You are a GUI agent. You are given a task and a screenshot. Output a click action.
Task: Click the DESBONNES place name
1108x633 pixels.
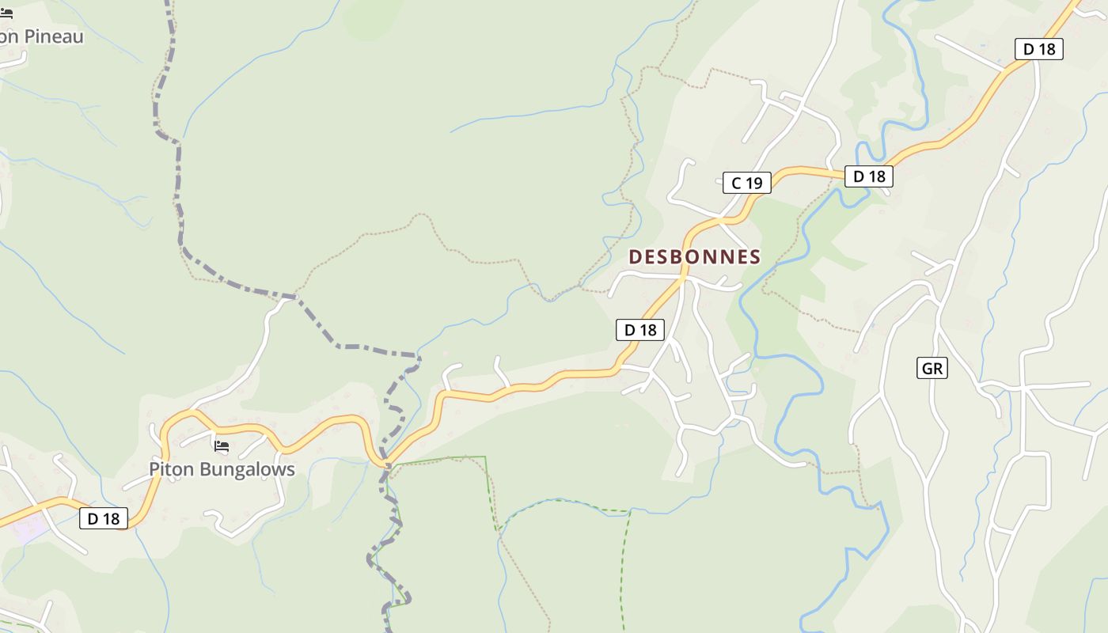pos(694,256)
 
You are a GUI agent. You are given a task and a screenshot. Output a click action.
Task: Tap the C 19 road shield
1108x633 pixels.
pos(746,183)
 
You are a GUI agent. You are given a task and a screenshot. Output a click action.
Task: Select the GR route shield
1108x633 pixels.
pos(932,368)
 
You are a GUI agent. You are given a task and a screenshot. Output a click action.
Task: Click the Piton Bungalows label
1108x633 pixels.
pos(222,469)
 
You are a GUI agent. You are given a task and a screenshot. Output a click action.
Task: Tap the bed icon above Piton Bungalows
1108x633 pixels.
pos(222,447)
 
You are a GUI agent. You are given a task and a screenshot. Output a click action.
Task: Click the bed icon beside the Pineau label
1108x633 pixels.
pos(6,13)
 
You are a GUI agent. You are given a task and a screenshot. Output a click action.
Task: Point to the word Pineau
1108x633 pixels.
pos(54,36)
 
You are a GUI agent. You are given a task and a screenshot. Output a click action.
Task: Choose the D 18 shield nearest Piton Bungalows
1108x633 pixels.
pos(104,518)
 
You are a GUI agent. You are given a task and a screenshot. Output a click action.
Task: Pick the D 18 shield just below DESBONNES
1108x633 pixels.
pos(640,330)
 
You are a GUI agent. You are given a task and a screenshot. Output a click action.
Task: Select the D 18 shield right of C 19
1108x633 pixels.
pos(868,176)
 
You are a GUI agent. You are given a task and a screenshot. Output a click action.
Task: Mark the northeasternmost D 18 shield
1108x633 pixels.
pos(1038,49)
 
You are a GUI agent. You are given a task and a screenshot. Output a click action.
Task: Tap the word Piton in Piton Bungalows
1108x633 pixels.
pos(171,469)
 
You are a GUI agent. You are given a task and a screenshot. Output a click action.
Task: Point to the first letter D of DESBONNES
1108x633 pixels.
pos(635,256)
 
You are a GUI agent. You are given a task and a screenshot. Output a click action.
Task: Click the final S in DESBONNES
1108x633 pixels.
pos(755,256)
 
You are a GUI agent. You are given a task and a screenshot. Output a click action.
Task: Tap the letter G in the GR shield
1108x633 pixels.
pos(928,368)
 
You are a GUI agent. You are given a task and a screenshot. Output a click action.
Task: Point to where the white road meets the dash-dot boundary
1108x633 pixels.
pos(294,298)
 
